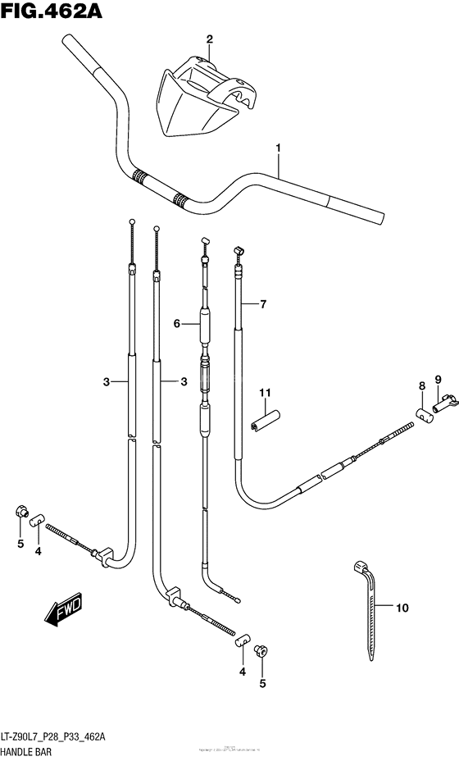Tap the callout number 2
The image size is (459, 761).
(x=209, y=39)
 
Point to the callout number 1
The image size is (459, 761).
(x=279, y=148)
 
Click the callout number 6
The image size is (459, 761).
(x=175, y=324)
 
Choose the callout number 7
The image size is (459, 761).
(x=263, y=305)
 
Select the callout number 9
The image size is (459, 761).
(x=439, y=379)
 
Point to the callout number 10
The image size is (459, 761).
(x=401, y=608)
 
